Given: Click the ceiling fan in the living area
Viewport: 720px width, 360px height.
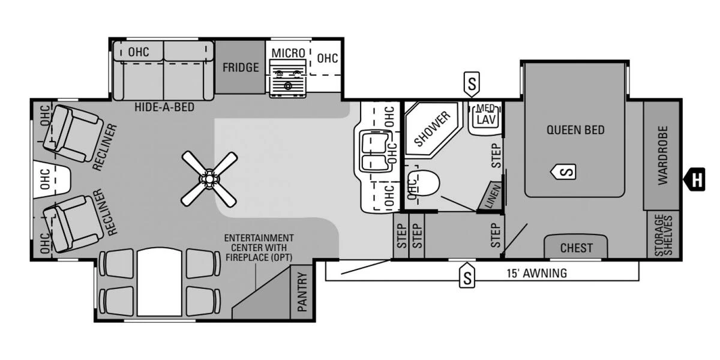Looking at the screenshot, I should pyautogui.click(x=208, y=178).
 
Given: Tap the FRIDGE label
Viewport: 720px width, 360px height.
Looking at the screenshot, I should pyautogui.click(x=241, y=67).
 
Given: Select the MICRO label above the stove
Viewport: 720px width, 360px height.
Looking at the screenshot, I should pyautogui.click(x=288, y=53).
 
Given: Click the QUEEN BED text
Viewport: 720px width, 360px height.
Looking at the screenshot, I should pyautogui.click(x=575, y=130).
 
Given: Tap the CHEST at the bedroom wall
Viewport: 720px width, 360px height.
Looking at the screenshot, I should pyautogui.click(x=576, y=247).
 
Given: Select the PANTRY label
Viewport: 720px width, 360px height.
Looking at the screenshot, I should pyautogui.click(x=302, y=292).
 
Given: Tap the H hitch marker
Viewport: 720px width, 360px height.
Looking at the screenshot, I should pyautogui.click(x=696, y=179).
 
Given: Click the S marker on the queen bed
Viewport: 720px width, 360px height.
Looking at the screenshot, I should pyautogui.click(x=564, y=172).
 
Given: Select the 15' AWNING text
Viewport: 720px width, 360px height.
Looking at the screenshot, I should pyautogui.click(x=536, y=274).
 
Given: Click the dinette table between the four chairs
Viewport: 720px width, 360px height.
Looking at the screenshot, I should pyautogui.click(x=159, y=282).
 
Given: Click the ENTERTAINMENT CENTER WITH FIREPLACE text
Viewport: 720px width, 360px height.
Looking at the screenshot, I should pyautogui.click(x=259, y=247).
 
